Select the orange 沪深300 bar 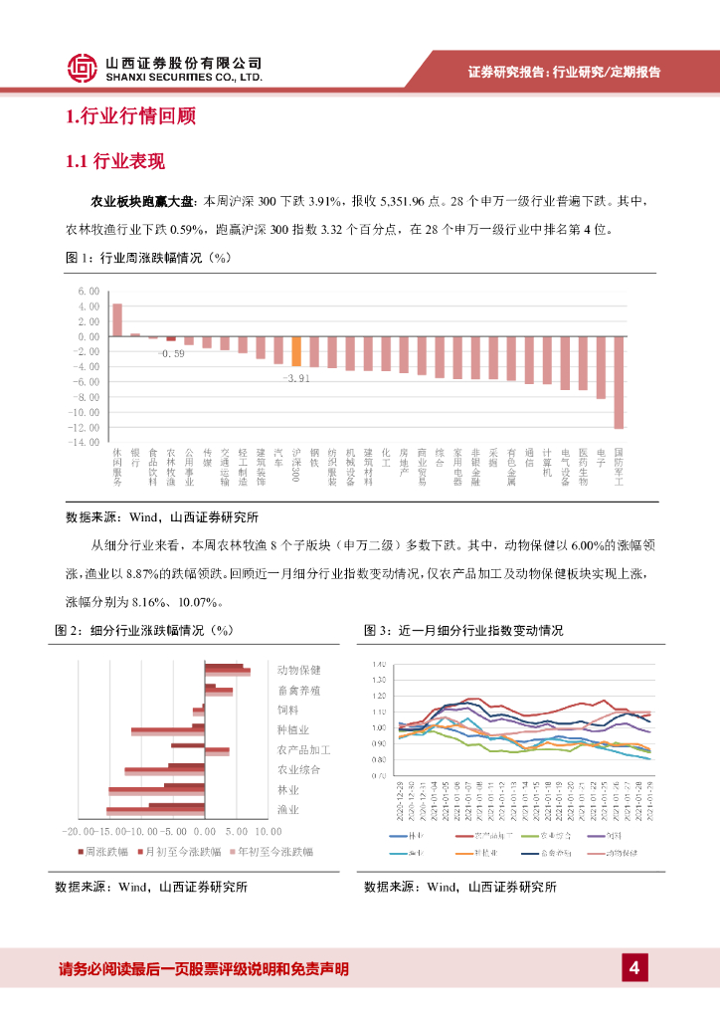click(x=296, y=351)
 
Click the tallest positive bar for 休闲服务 click(x=116, y=320)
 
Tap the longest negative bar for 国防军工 click(x=619, y=382)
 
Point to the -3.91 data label click(x=295, y=379)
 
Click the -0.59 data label click(x=171, y=353)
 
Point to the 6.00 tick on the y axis click(x=89, y=291)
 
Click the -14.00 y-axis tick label click(x=85, y=442)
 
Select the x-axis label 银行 click(x=135, y=457)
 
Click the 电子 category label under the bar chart click(x=601, y=457)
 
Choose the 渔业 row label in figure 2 click(x=288, y=809)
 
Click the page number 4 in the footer click(x=633, y=967)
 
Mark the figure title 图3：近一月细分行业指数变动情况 click(x=463, y=631)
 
